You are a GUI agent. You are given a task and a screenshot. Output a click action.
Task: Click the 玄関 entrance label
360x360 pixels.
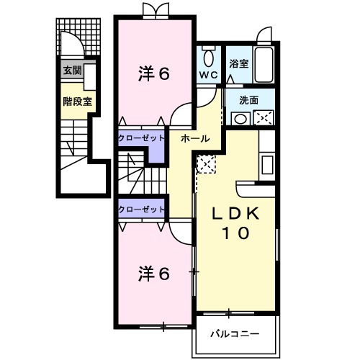click(x=71, y=71)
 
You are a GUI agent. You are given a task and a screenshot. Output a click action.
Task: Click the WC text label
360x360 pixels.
click(x=208, y=74)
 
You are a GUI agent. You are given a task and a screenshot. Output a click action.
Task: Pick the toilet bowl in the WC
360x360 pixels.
click(x=208, y=56)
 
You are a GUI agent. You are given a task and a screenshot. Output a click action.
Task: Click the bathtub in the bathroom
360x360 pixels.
click(x=264, y=63)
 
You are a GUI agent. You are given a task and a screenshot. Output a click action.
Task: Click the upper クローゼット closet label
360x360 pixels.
click(x=142, y=138)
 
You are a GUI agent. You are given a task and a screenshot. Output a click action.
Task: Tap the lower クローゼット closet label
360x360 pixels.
click(x=142, y=210)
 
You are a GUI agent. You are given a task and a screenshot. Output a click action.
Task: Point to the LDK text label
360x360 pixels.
click(x=235, y=214)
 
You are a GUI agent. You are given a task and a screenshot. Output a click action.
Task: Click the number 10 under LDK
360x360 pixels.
click(x=235, y=233)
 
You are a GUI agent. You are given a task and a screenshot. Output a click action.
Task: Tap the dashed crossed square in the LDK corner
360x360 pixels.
click(x=206, y=164)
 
